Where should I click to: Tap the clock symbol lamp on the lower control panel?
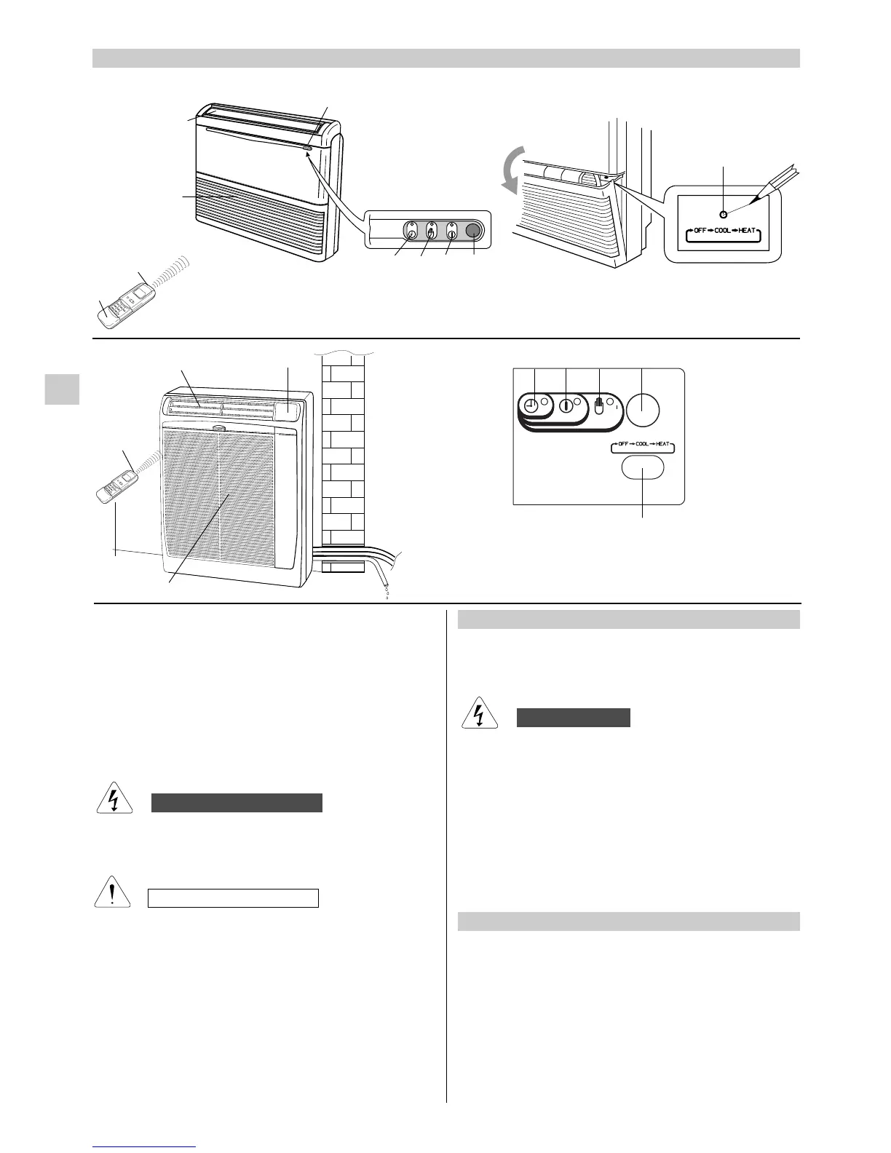[532, 406]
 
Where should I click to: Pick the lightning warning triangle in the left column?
[112, 800]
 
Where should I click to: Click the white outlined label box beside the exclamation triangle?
[234, 898]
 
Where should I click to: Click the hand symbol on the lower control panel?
[599, 406]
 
